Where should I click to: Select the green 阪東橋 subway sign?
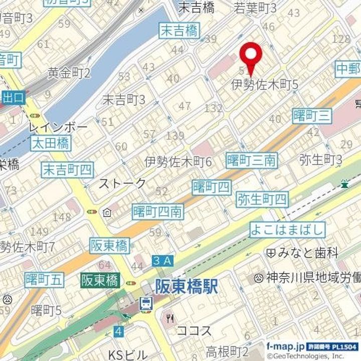pos(100,280)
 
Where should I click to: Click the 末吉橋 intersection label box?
pos(178,31)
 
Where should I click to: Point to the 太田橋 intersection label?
pos(50,143)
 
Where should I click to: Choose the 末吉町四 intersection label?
pos(67,169)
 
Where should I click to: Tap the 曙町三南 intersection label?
pos(251,160)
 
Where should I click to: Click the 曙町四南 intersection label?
pos(158,212)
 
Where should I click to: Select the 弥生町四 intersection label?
pos(262,200)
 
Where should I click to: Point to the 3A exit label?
pos(162,260)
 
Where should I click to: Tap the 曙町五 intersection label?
pos(44,280)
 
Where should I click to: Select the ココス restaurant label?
pos(194,331)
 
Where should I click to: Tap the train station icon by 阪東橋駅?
pos(146,302)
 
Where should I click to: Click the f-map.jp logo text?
pos(285,346)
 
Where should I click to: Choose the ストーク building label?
pos(122,183)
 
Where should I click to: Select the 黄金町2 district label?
pos(69,73)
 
